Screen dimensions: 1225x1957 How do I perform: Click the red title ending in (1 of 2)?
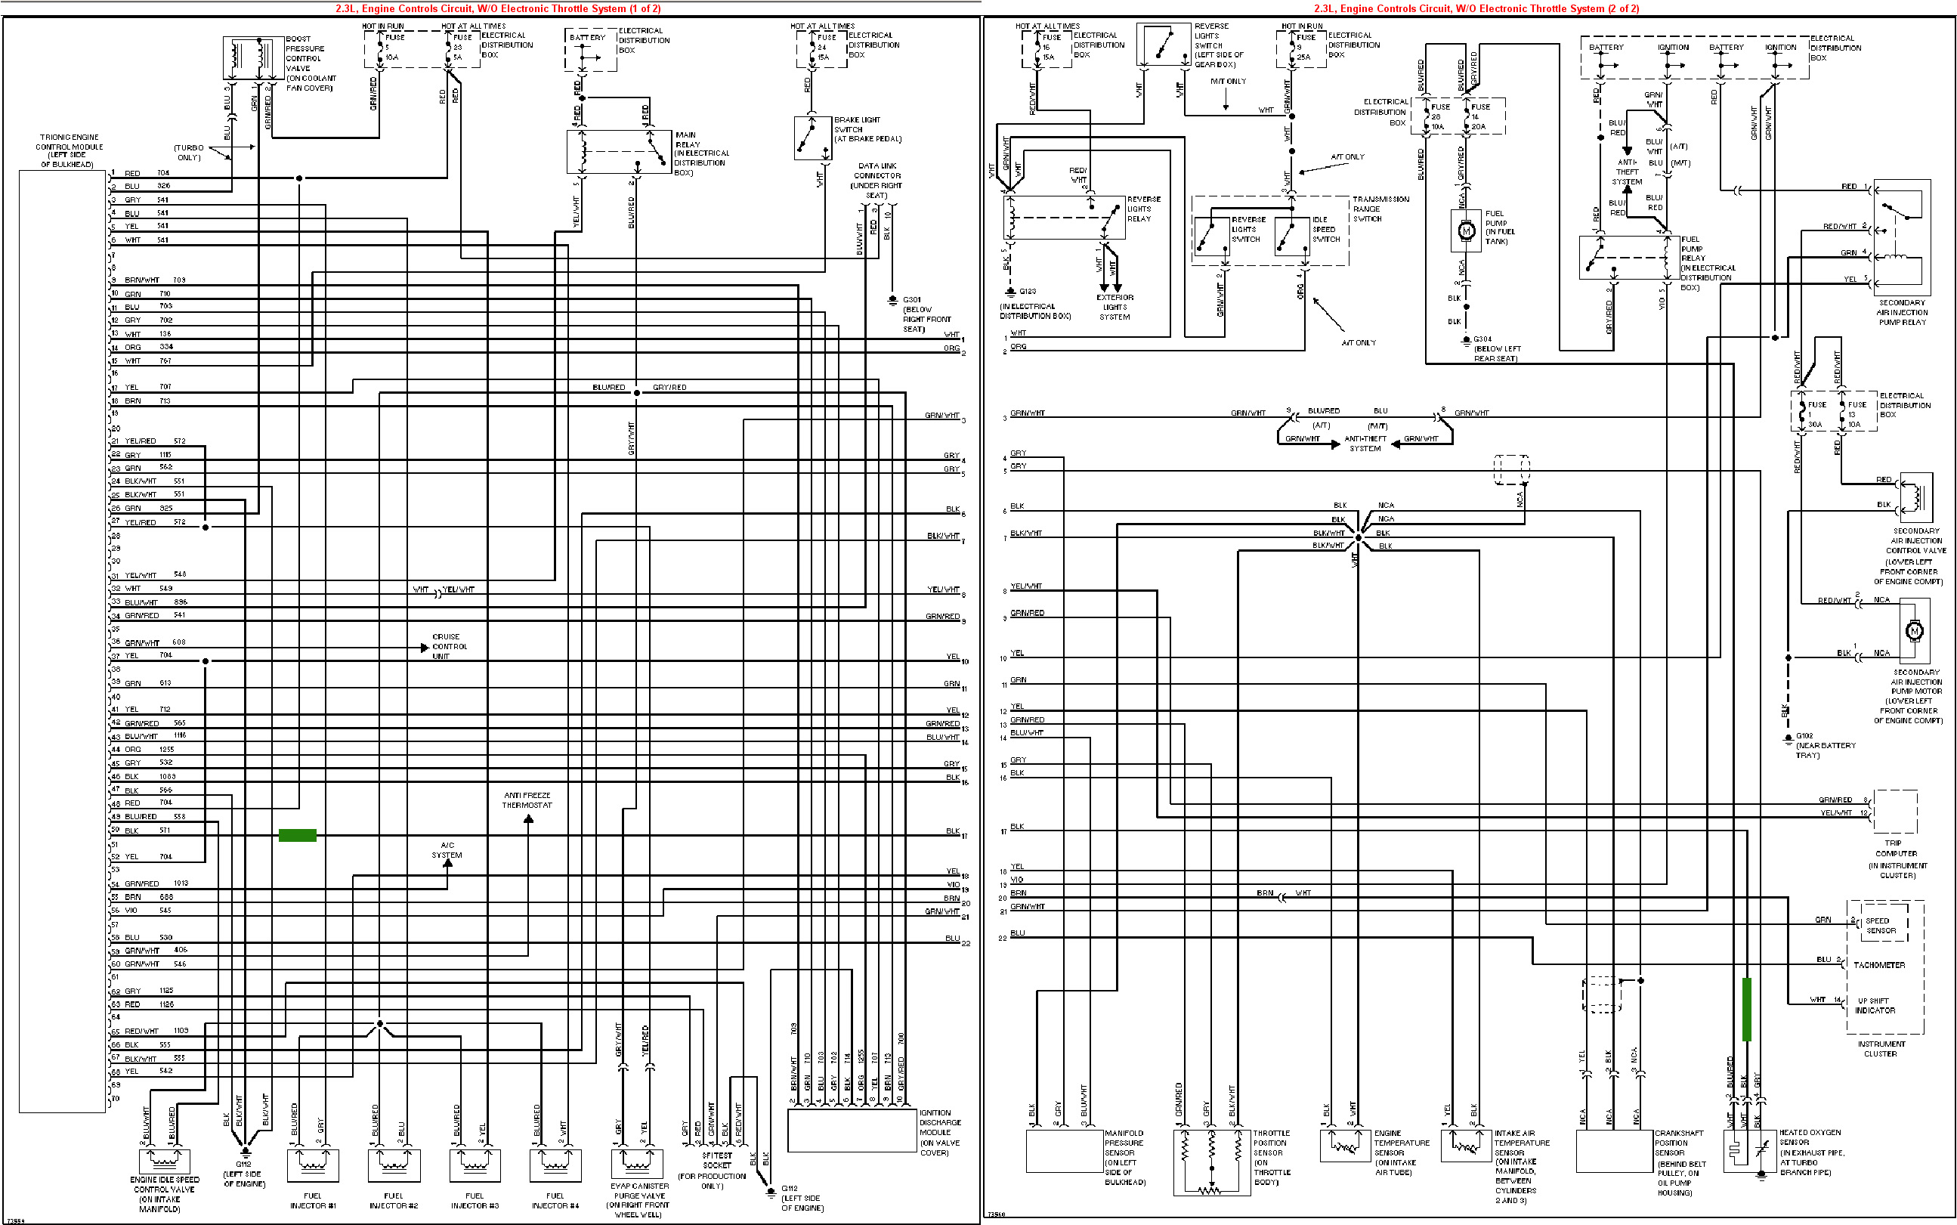pyautogui.click(x=497, y=9)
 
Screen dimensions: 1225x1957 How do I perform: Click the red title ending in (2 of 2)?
pyautogui.click(x=1476, y=9)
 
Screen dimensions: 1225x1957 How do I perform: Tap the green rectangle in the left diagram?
pyautogui.click(x=297, y=835)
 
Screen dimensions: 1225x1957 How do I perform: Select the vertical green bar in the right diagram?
pyautogui.click(x=1746, y=1009)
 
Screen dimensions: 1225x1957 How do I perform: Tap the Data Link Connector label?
pyautogui.click(x=877, y=181)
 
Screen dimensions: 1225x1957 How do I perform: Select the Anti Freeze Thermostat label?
pyautogui.click(x=527, y=800)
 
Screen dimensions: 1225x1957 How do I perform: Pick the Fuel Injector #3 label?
pyautogui.click(x=475, y=1201)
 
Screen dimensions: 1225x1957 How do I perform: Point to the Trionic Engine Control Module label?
pyautogui.click(x=69, y=150)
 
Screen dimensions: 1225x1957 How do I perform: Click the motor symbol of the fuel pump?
pyautogui.click(x=1465, y=231)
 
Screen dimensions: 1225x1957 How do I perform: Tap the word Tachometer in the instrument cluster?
pyautogui.click(x=1879, y=965)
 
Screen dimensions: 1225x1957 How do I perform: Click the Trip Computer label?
pyautogui.click(x=1897, y=858)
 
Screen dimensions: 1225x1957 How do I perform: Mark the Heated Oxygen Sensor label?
pyautogui.click(x=1811, y=1152)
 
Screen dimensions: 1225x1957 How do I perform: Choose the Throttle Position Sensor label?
pyautogui.click(x=1271, y=1157)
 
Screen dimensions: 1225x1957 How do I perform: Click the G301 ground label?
pyautogui.click(x=925, y=314)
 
